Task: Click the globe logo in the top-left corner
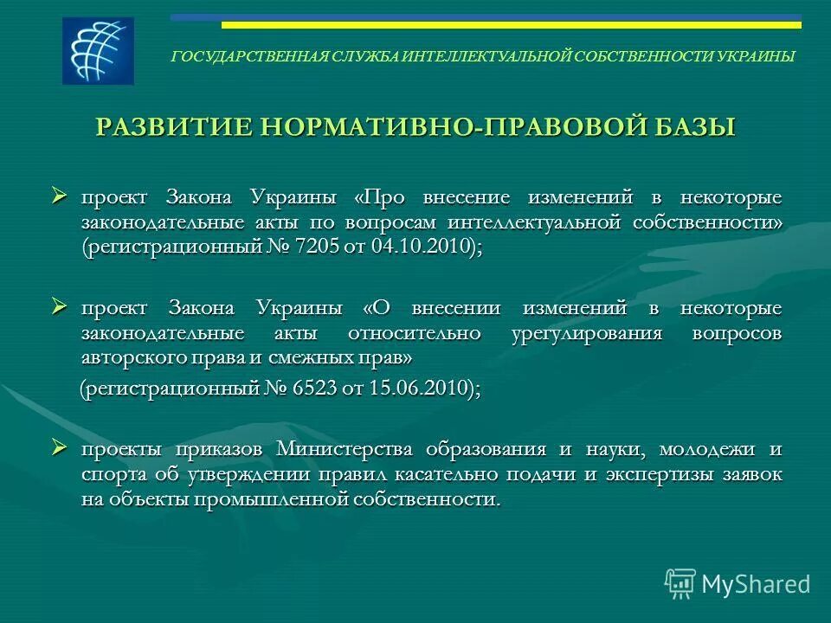[x=98, y=50]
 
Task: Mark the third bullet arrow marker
[x=60, y=447]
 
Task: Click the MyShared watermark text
[x=756, y=584]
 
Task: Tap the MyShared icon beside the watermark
[x=680, y=583]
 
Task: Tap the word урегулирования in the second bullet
[x=589, y=333]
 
